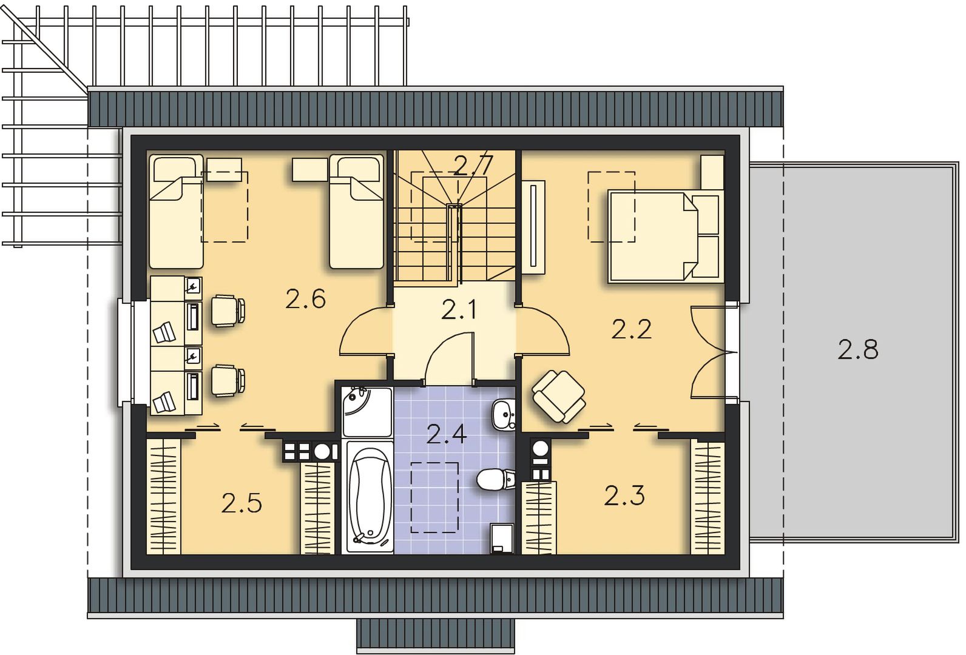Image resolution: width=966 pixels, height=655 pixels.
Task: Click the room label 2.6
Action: tap(305, 299)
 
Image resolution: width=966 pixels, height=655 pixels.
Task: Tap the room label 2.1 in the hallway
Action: tap(459, 310)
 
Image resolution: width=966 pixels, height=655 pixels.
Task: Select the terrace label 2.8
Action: tap(858, 349)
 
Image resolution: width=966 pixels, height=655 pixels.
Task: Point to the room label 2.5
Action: tap(241, 503)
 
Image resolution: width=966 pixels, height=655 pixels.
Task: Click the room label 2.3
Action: tap(624, 495)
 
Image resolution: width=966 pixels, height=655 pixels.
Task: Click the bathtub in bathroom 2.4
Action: tap(368, 497)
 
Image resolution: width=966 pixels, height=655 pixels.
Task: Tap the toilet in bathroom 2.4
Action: tap(496, 479)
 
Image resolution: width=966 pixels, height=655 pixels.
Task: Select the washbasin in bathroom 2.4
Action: tap(504, 414)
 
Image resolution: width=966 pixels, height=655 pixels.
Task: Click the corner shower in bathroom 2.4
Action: tap(366, 412)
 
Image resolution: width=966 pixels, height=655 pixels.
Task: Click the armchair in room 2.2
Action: tap(559, 397)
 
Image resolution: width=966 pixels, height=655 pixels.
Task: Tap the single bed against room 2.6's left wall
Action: tap(176, 212)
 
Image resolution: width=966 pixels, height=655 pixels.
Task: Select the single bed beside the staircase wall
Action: tap(356, 212)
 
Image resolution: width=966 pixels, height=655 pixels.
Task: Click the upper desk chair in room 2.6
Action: tap(228, 311)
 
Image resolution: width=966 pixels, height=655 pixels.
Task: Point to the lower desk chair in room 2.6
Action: tap(228, 380)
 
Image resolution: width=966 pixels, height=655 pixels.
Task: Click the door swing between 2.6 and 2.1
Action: tap(366, 330)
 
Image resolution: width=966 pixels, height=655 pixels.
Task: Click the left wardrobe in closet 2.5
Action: tap(164, 496)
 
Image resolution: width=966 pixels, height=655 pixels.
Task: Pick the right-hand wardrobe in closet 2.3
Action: tap(708, 496)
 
